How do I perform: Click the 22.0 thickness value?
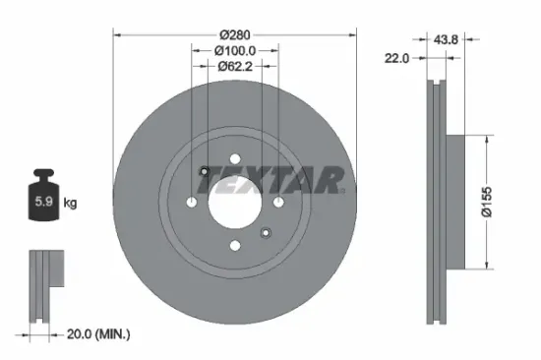[396, 58]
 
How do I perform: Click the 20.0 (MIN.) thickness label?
[97, 334]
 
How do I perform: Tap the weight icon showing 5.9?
[45, 201]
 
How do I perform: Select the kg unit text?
[71, 204]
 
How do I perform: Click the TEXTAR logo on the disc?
[274, 179]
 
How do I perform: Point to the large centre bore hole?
[235, 203]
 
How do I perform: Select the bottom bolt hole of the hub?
[235, 247]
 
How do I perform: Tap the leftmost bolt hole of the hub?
[191, 203]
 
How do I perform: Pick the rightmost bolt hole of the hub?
[279, 203]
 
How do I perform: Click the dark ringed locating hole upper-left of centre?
[204, 173]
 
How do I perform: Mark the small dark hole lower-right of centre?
[266, 232]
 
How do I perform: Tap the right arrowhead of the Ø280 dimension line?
[351, 36]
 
